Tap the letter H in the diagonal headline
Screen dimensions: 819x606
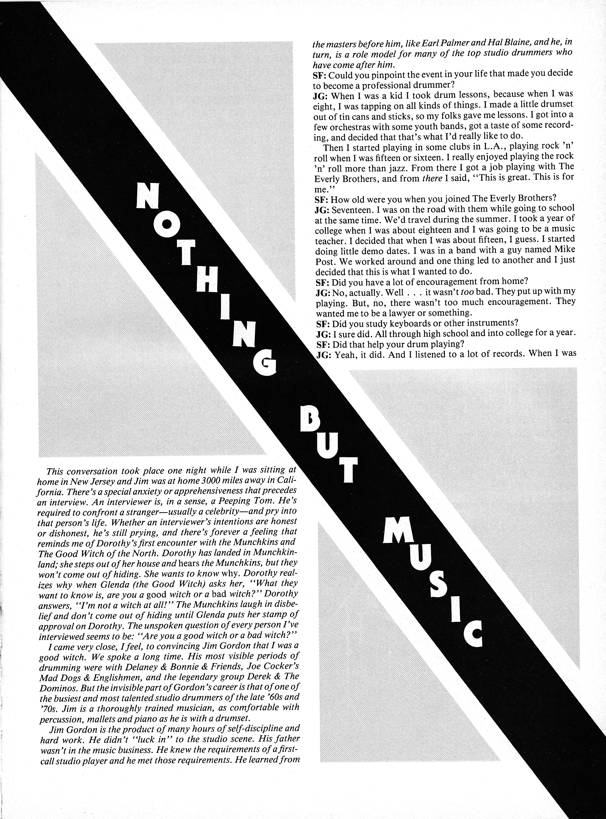(210, 281)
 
